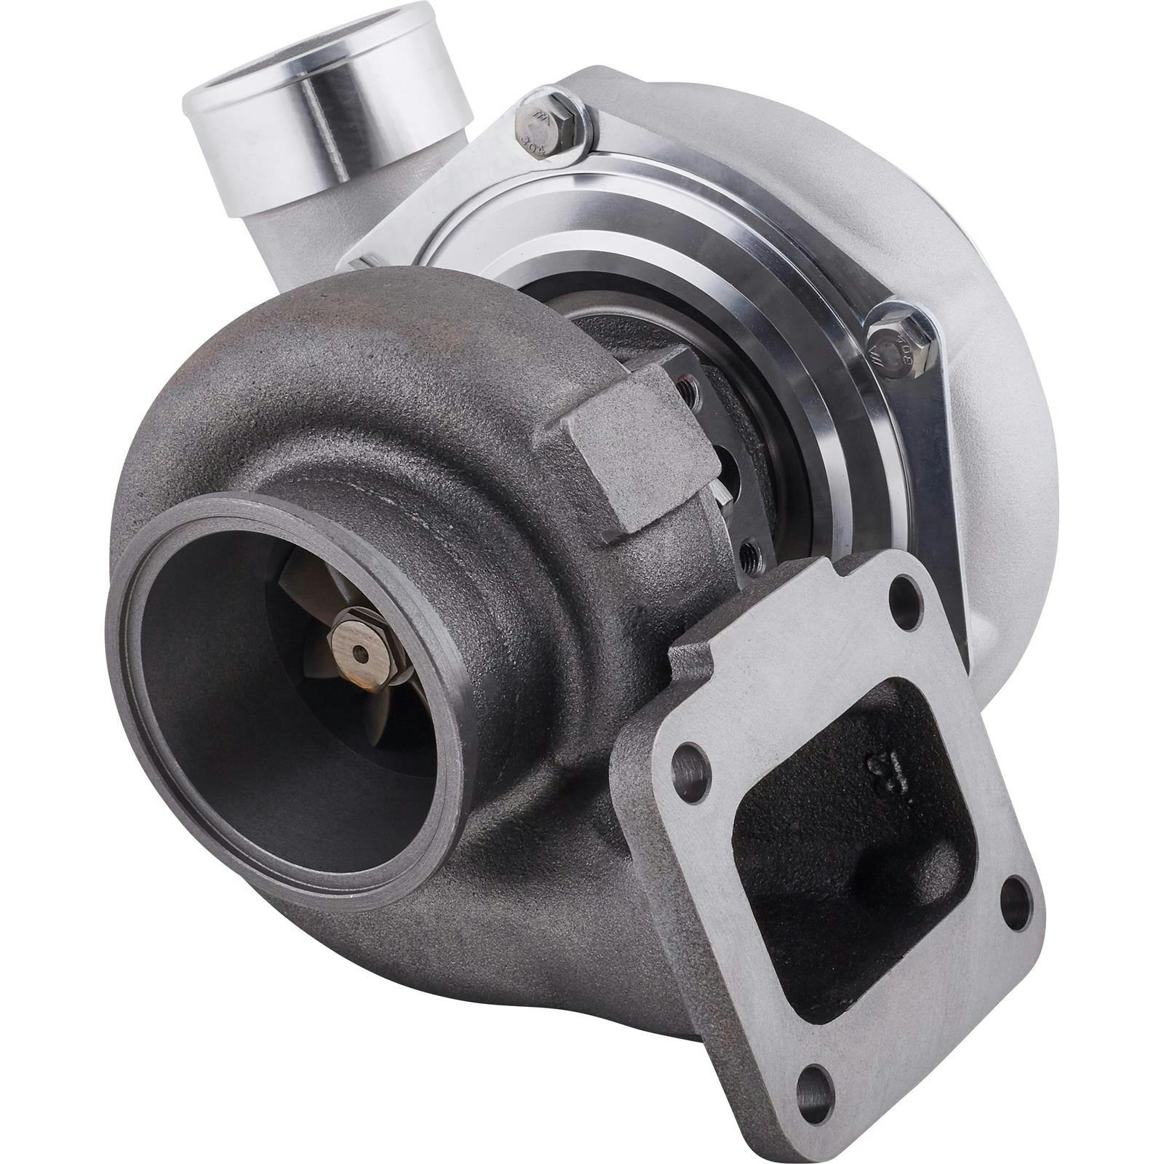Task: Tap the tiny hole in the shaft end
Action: pos(362,653)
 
